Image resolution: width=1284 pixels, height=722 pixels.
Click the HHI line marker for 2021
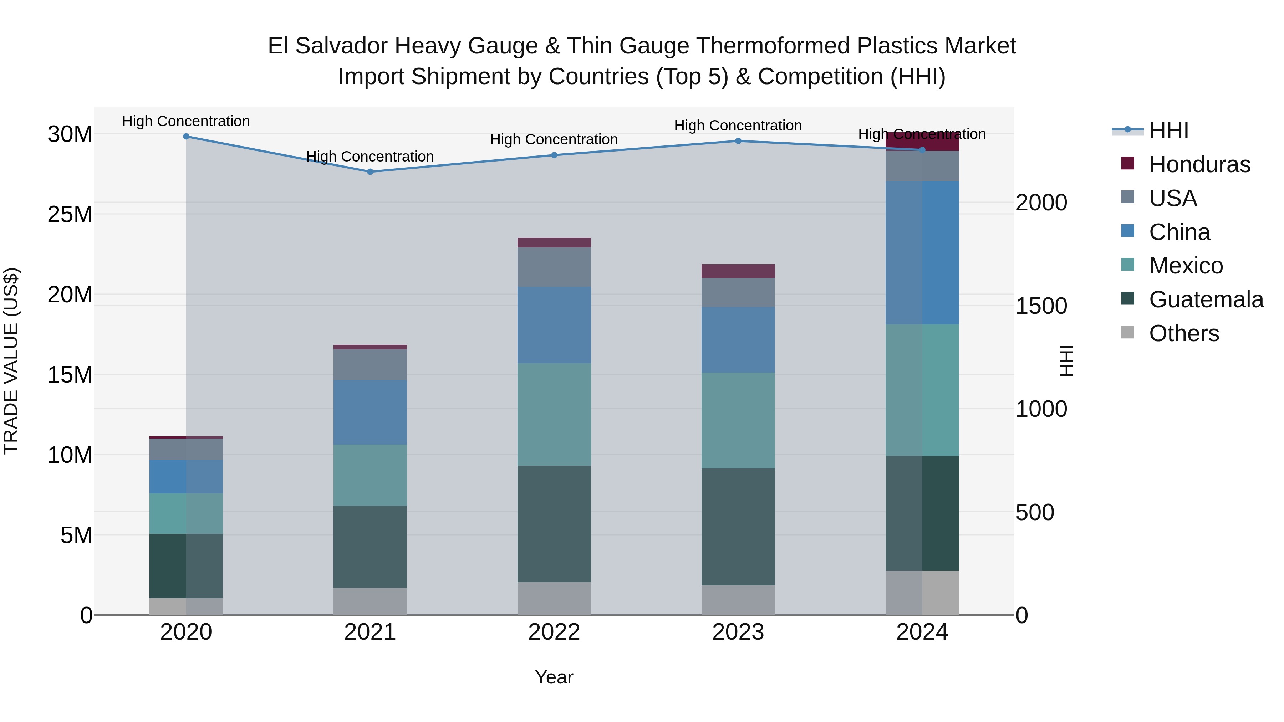coord(370,172)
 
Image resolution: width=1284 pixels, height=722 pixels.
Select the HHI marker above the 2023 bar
coord(738,141)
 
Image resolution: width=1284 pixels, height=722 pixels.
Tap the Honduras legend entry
coord(1199,164)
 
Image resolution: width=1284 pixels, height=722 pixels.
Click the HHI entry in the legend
coord(1168,130)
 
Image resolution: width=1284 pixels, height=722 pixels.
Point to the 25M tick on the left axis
coord(70,214)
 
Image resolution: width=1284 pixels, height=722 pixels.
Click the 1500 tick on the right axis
coord(1041,306)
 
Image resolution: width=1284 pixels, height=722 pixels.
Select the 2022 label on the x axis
coord(554,632)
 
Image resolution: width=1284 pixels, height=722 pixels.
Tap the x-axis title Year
coord(554,677)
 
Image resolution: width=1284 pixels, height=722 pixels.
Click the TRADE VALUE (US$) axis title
coord(11,361)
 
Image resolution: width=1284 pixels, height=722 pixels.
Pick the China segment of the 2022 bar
coord(554,325)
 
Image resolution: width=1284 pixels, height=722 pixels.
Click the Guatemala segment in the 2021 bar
coord(370,547)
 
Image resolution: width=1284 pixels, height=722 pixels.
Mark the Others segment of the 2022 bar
coord(554,598)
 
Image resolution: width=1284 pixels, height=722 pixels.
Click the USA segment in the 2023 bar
coord(738,292)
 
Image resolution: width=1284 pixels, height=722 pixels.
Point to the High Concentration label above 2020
coord(186,122)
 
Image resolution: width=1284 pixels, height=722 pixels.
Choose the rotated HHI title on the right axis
coord(1066,361)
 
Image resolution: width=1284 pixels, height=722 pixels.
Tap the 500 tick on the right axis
coord(1035,512)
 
